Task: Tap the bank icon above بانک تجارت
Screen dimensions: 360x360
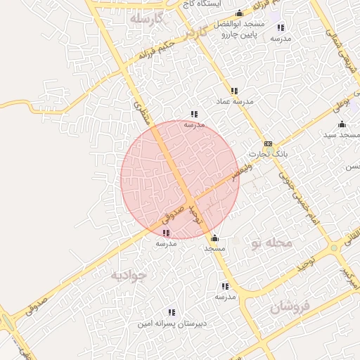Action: pyautogui.click(x=268, y=143)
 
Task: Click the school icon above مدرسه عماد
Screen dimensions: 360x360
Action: pyautogui.click(x=234, y=91)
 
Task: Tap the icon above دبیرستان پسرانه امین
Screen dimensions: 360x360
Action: pyautogui.click(x=171, y=312)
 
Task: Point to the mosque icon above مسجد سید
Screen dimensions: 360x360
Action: pyautogui.click(x=342, y=124)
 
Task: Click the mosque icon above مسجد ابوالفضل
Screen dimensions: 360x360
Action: pyautogui.click(x=239, y=13)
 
